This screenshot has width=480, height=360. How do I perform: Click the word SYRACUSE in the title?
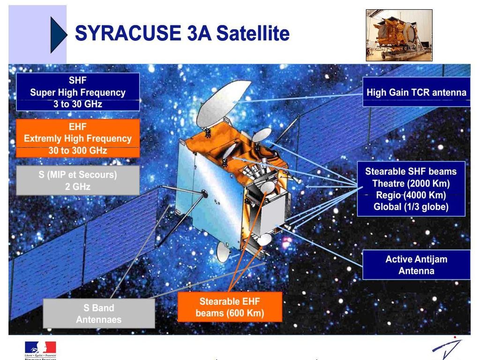pos(128,33)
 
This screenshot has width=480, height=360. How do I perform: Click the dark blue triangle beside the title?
pos(58,35)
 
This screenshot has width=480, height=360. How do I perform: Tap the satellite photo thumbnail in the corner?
pos(399,35)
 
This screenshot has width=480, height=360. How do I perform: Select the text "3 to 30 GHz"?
pos(78,104)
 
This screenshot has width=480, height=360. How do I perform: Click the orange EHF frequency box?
pos(78,138)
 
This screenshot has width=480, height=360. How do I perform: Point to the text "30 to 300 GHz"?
pos(78,150)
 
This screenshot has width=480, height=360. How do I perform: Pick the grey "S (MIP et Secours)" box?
pos(78,180)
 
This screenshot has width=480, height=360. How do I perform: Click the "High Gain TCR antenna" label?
pos(416,92)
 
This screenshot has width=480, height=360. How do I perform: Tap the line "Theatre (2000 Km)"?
pos(411,183)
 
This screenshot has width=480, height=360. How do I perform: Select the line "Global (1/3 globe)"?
pos(411,207)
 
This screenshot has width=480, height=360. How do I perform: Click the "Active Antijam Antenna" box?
pos(416,265)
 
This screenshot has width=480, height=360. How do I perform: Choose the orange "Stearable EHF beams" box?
pos(230,307)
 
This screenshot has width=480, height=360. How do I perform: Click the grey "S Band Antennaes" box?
pos(99,314)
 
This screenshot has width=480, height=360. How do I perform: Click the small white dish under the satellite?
pos(223,252)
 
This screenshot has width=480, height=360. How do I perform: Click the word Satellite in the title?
pos(253,33)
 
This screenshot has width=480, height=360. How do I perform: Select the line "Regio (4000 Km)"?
pos(411,195)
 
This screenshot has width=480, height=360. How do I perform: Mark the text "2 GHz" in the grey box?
pos(78,187)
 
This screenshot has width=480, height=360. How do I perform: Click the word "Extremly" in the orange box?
pos(43,138)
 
